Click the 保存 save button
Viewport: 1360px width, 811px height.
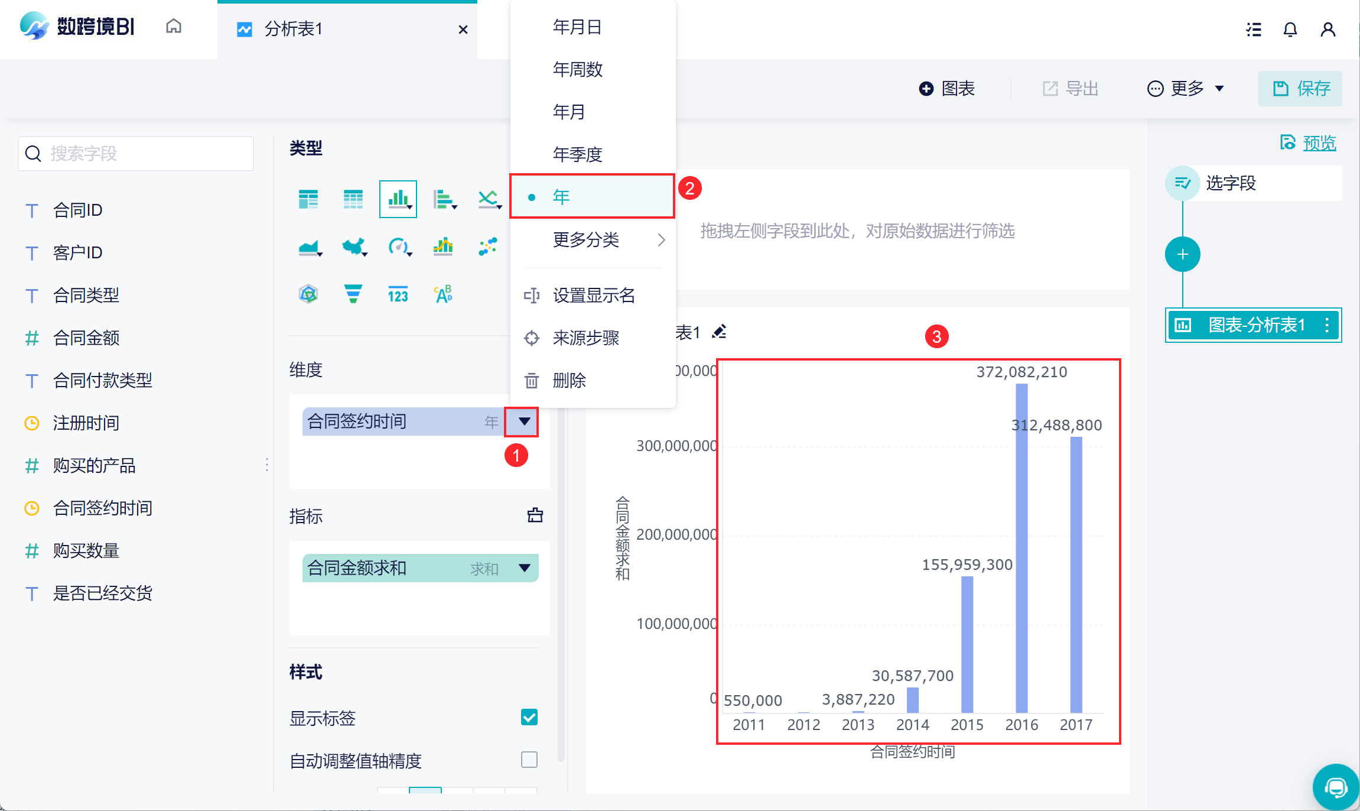pos(1300,89)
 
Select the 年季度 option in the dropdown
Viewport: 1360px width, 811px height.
pos(577,154)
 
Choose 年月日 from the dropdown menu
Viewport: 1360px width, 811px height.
pos(577,27)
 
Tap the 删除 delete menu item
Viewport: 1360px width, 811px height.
pos(569,380)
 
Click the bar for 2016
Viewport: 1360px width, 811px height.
pos(1021,548)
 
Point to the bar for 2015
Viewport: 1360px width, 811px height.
pos(967,644)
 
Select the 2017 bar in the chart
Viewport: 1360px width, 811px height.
pos(1076,575)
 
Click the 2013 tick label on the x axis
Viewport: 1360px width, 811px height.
pos(858,725)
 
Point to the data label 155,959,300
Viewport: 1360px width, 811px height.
pos(967,565)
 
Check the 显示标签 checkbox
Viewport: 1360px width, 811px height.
pos(529,717)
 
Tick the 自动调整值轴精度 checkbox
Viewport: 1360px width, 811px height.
pos(529,760)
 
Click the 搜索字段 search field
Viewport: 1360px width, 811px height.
pos(136,154)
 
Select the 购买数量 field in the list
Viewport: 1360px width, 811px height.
pos(86,550)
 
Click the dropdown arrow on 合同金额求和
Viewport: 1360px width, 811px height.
pos(524,568)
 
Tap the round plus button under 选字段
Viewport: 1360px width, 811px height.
pos(1182,255)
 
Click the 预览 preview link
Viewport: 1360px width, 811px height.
pos(1319,143)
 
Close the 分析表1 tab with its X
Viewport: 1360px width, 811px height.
pos(463,30)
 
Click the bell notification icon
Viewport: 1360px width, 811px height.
pos(1290,30)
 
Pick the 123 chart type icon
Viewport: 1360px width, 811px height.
pos(398,294)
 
